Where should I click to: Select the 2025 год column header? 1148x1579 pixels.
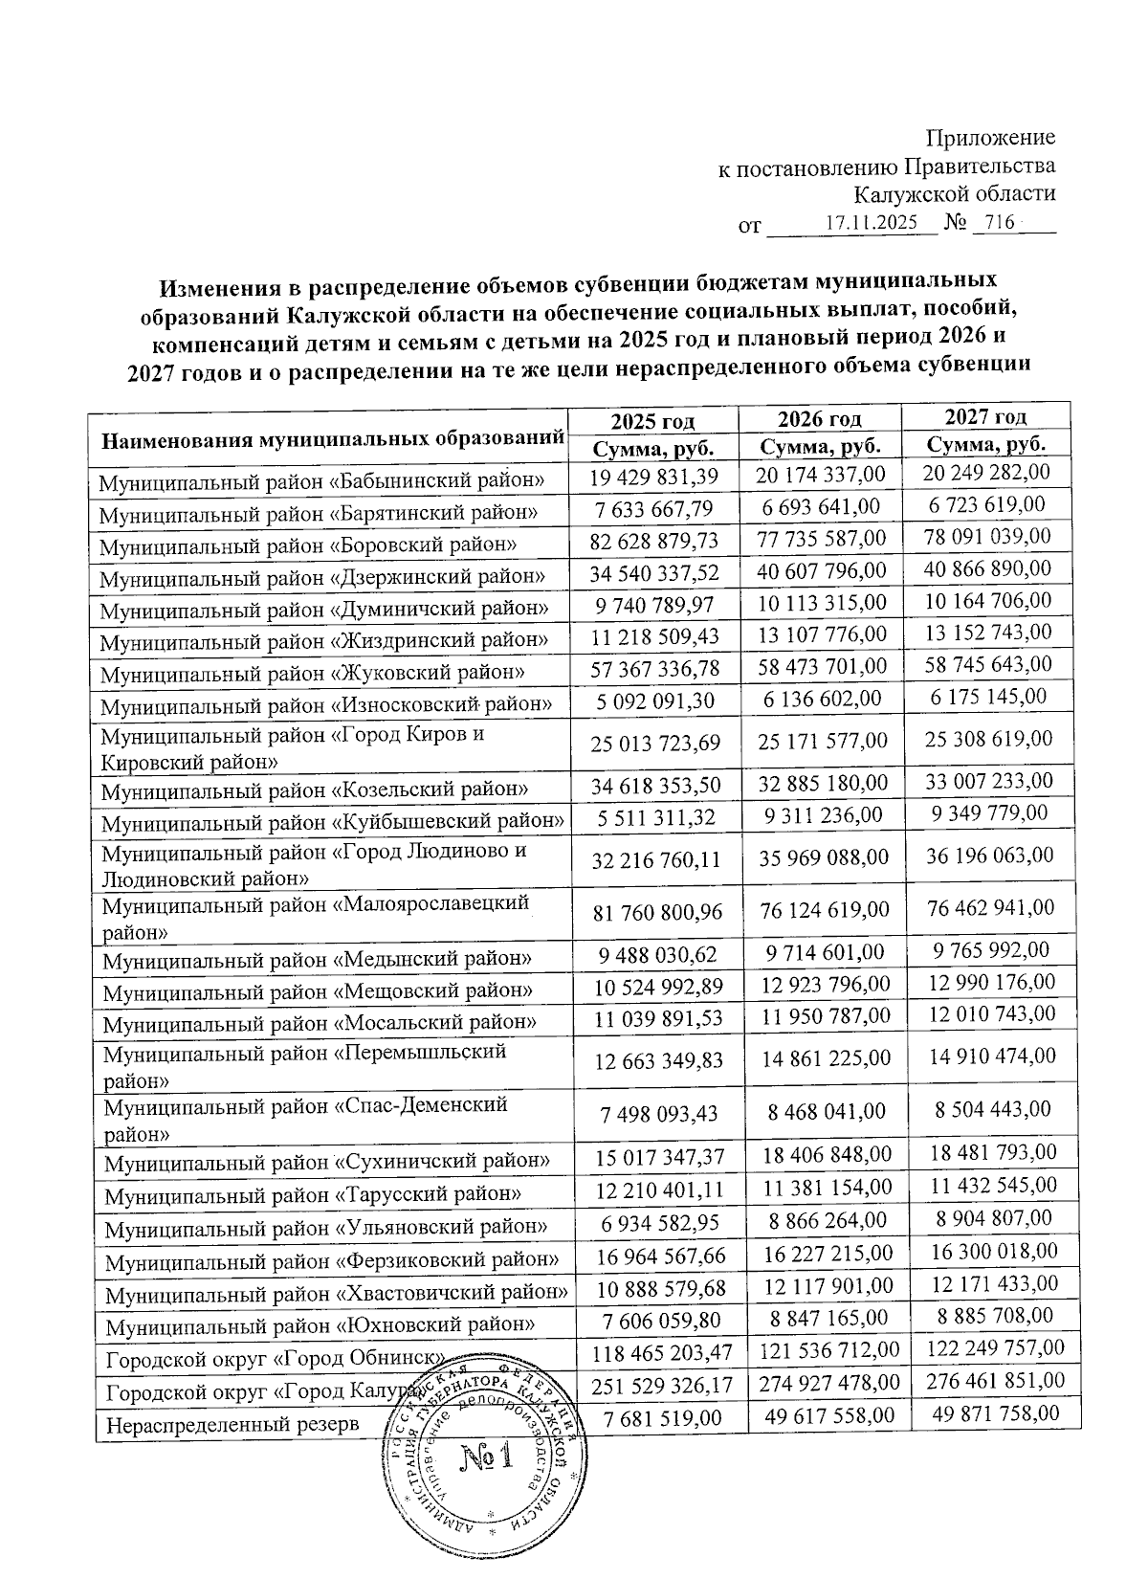[x=652, y=421]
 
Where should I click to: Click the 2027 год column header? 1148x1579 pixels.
[x=985, y=416]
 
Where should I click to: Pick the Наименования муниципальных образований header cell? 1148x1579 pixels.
[x=331, y=440]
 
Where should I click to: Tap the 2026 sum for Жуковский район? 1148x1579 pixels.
[x=823, y=666]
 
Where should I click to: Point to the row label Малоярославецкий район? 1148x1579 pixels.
[x=316, y=916]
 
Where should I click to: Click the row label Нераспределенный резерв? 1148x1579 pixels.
[x=232, y=1424]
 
